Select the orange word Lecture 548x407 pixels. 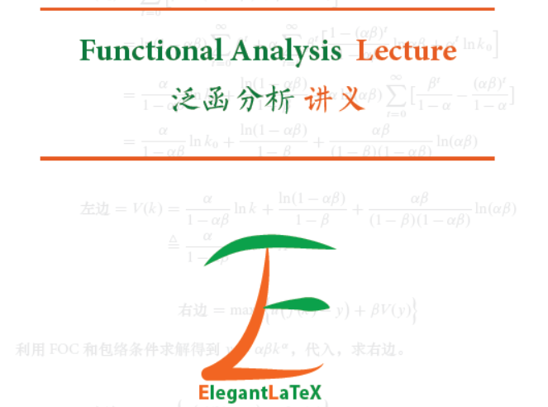[x=406, y=51]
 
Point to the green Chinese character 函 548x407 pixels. [x=222, y=99]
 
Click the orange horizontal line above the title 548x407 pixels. [x=267, y=9]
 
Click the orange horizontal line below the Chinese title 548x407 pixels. [x=267, y=157]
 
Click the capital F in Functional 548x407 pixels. [x=88, y=51]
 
